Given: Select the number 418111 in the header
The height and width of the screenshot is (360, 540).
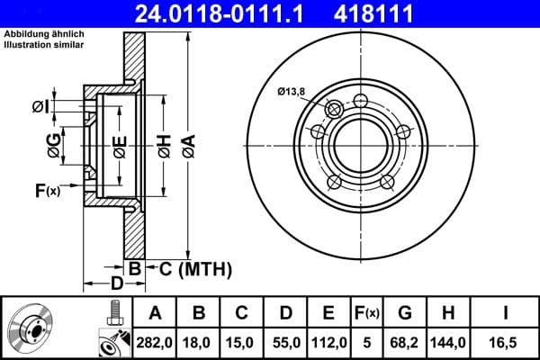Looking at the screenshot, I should (x=400, y=13).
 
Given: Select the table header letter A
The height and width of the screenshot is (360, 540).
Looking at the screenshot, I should (x=156, y=313).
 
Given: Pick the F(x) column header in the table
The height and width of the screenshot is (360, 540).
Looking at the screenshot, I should (x=367, y=313).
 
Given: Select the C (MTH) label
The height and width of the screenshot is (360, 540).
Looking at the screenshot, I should (x=190, y=268).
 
